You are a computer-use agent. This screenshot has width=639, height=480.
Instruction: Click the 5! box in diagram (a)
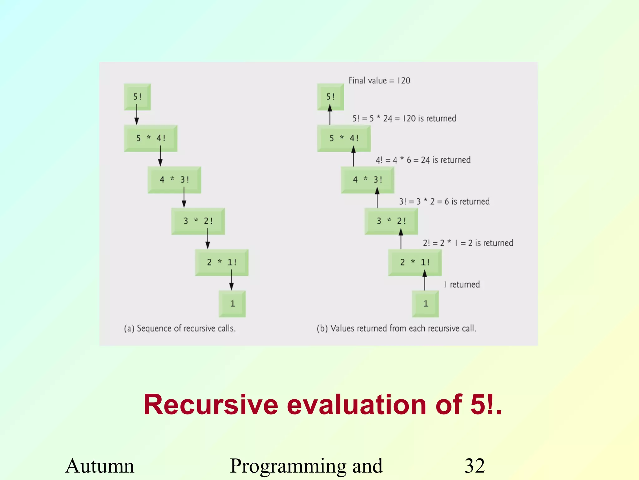coord(137,97)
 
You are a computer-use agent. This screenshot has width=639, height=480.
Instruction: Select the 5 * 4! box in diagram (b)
coord(344,138)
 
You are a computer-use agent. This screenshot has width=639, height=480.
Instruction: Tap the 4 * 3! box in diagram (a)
coord(174,180)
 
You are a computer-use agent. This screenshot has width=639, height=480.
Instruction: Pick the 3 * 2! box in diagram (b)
coord(391,221)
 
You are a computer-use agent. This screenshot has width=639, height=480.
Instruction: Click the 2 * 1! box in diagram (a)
coord(222,262)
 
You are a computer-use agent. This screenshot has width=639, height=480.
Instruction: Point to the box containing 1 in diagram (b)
coord(425,303)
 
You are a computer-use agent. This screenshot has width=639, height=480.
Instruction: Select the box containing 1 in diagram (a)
coord(232,303)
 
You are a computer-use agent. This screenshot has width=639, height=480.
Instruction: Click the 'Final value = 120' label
coord(379,81)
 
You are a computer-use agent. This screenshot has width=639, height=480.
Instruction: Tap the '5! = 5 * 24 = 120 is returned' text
coord(404,118)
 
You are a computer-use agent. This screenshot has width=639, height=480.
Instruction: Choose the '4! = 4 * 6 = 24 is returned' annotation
coord(423,160)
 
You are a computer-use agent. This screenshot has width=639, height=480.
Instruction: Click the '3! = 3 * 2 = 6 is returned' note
coord(444,202)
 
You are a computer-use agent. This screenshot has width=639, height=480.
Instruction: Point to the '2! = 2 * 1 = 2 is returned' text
coord(468,243)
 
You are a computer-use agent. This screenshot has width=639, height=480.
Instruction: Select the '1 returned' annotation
coord(462,284)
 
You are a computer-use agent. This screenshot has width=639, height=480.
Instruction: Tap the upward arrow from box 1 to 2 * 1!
coord(424,280)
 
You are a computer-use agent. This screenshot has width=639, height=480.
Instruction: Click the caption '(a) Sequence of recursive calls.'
coord(180,328)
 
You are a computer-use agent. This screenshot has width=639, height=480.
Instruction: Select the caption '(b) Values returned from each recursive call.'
coord(396,328)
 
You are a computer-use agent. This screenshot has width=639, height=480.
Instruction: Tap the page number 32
coord(474,466)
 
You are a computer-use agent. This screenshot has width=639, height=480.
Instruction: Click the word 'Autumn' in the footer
coord(100,466)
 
